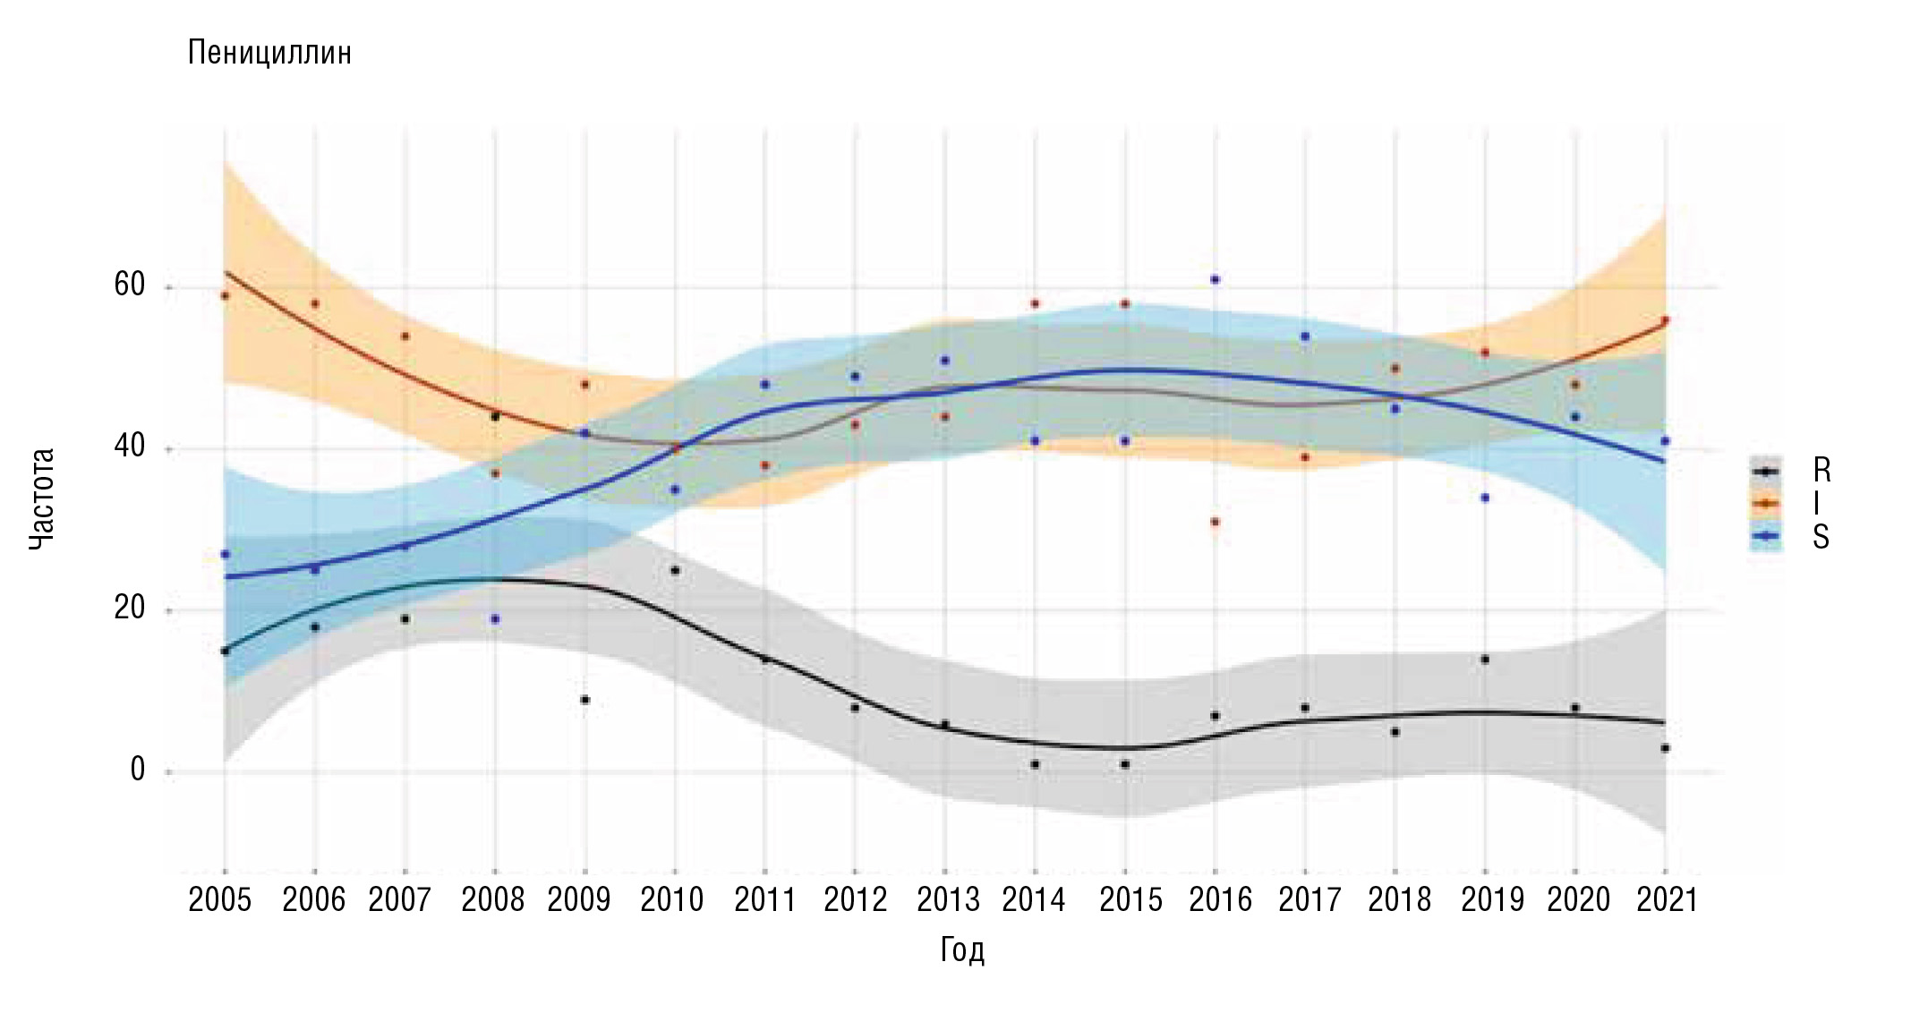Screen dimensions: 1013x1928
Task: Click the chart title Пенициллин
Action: tap(269, 54)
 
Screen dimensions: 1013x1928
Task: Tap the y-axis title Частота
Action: tap(41, 498)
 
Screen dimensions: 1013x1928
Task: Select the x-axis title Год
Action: tap(962, 949)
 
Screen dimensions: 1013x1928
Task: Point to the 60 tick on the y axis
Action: tap(130, 285)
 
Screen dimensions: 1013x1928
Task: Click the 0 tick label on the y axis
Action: tap(138, 770)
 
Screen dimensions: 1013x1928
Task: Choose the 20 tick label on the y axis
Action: tap(130, 609)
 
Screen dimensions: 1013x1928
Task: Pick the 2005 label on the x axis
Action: tap(220, 899)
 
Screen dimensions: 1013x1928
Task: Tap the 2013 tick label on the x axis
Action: tap(948, 899)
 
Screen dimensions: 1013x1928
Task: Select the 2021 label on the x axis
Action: tap(1667, 899)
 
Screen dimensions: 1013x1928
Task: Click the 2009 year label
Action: tap(579, 899)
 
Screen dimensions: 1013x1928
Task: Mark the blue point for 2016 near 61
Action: tap(1215, 280)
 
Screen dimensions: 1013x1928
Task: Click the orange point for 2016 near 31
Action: tap(1215, 522)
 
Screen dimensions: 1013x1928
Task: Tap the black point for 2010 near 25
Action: tap(675, 570)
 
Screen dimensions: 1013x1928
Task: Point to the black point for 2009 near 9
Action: tap(585, 700)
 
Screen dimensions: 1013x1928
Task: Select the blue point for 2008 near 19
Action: tap(495, 619)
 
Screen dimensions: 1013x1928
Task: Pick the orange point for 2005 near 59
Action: tap(225, 296)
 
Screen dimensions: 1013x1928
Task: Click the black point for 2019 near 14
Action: tap(1485, 660)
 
